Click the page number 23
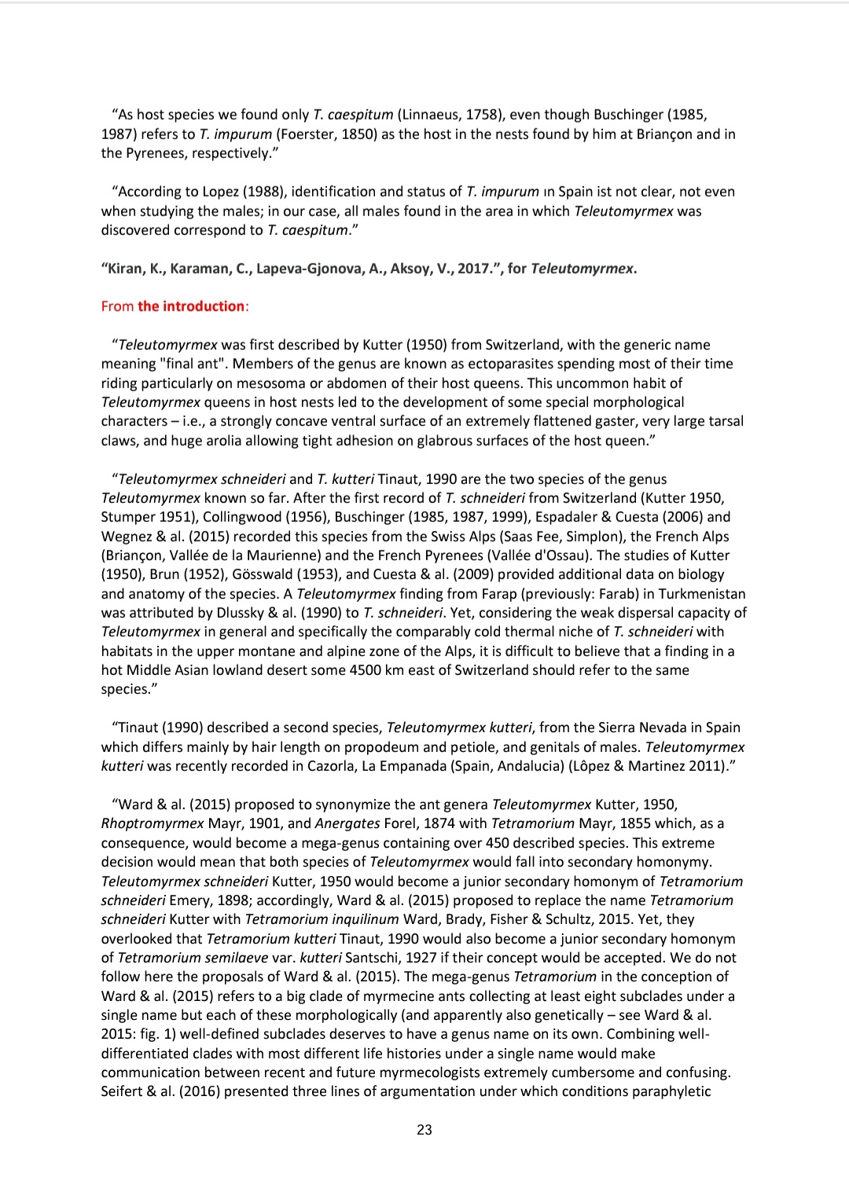[x=424, y=1130]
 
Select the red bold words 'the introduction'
[x=191, y=306]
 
